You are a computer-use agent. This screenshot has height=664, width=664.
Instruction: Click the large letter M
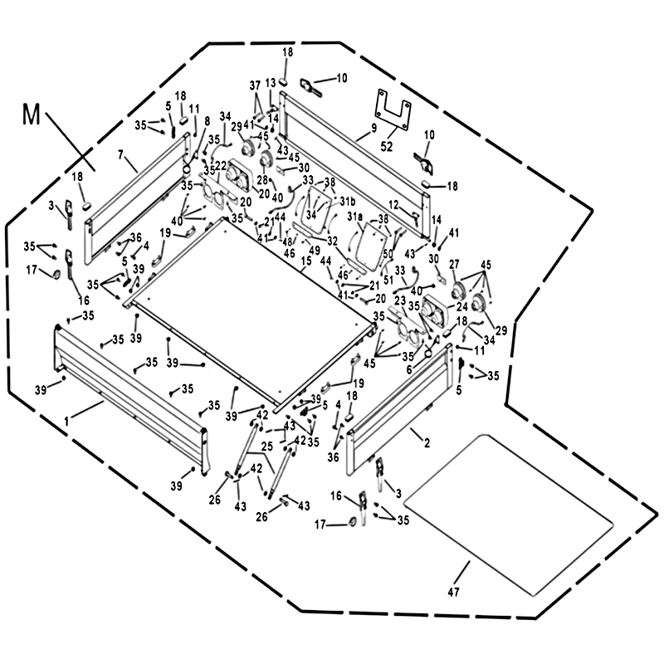(x=31, y=114)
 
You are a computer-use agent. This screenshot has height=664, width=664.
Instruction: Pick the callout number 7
(x=121, y=154)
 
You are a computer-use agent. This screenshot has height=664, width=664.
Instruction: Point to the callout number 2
(x=427, y=444)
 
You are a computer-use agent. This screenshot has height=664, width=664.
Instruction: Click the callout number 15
(x=306, y=261)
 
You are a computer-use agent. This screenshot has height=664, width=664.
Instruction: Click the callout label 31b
(x=348, y=202)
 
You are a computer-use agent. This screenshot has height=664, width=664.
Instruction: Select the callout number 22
(x=221, y=165)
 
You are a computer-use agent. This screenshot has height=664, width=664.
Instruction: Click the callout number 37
(x=255, y=86)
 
